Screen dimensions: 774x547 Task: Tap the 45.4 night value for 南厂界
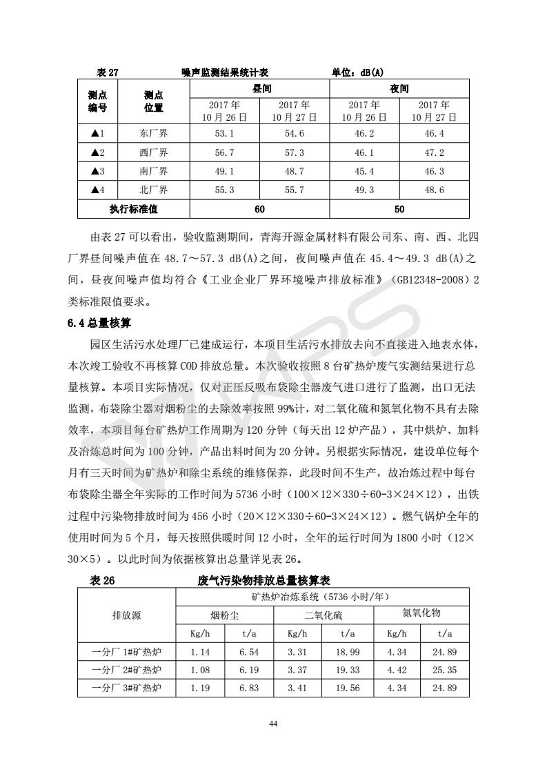(364, 171)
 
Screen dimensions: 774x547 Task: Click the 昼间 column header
(259, 89)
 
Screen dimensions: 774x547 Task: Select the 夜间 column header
(399, 89)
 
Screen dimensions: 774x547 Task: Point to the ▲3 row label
(97, 171)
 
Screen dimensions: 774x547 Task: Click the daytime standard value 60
(259, 208)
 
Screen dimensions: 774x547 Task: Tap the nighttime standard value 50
(399, 208)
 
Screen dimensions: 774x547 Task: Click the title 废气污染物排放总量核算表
(263, 581)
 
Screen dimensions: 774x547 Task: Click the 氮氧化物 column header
(421, 613)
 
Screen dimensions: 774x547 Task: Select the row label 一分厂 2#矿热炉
(127, 669)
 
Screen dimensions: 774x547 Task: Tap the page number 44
(273, 724)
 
